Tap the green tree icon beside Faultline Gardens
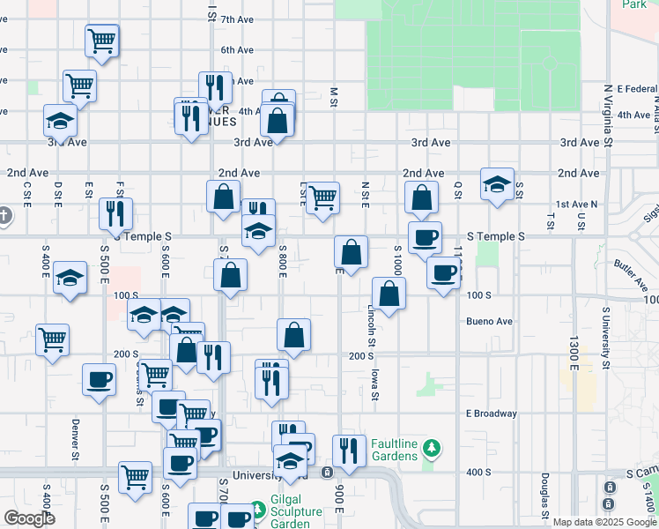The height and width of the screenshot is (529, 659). tap(431, 449)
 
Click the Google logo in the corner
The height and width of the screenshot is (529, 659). tap(29, 518)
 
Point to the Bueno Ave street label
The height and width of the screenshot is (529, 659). tap(490, 322)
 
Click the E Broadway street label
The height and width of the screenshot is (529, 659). tap(492, 414)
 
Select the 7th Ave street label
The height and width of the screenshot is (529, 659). tap(236, 19)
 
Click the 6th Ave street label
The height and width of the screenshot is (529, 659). tap(236, 50)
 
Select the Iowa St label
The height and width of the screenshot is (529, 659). tap(375, 385)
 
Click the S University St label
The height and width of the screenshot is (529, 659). tap(606, 335)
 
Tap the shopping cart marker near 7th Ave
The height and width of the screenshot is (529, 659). tap(103, 40)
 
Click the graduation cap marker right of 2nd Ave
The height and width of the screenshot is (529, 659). tap(497, 185)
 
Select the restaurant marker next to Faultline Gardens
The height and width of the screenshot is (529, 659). tap(349, 451)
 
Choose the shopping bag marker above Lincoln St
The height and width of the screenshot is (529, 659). tap(389, 294)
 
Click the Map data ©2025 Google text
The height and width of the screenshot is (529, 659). tap(605, 522)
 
